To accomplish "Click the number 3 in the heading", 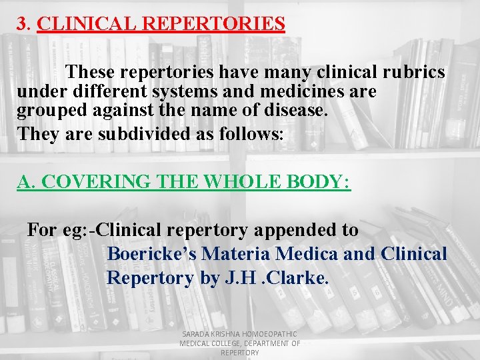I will point(22,24).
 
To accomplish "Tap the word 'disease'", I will point(295,110).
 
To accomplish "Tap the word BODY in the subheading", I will point(321,182).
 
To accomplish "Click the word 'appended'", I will point(298,230).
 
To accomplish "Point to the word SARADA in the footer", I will point(196,333).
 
